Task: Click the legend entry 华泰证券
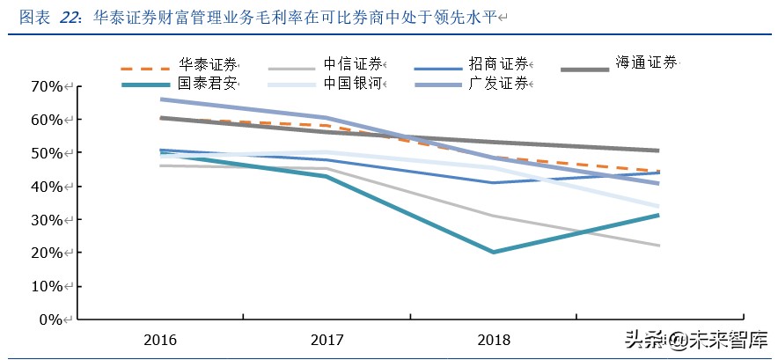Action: coord(208,64)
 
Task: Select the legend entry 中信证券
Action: coord(352,64)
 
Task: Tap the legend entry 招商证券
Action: coord(498,64)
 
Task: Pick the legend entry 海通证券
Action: coord(646,62)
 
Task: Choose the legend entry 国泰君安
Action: coord(208,84)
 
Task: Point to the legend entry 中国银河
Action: coord(352,84)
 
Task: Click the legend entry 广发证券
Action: coord(498,84)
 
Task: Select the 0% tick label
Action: coord(49,320)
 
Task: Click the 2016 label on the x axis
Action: coord(159,339)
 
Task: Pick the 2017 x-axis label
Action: coord(326,339)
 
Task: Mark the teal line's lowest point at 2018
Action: coord(493,252)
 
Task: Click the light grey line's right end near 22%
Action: coord(659,246)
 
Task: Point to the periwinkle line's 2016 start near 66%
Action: coord(161,99)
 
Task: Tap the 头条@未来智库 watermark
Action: coord(695,339)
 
